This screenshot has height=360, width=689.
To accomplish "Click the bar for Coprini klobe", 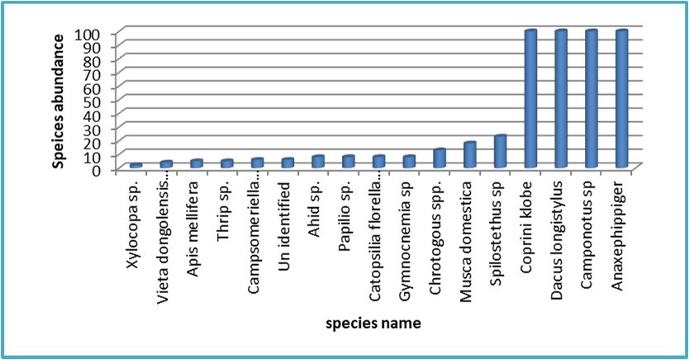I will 530,99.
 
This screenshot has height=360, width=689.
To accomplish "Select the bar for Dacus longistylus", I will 561,99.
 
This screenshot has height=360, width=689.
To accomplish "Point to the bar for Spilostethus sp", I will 500,151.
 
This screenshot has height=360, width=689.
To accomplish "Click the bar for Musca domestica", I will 469,155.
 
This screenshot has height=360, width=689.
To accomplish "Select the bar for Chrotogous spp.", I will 439,159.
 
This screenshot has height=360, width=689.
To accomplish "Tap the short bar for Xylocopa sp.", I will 136,166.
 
